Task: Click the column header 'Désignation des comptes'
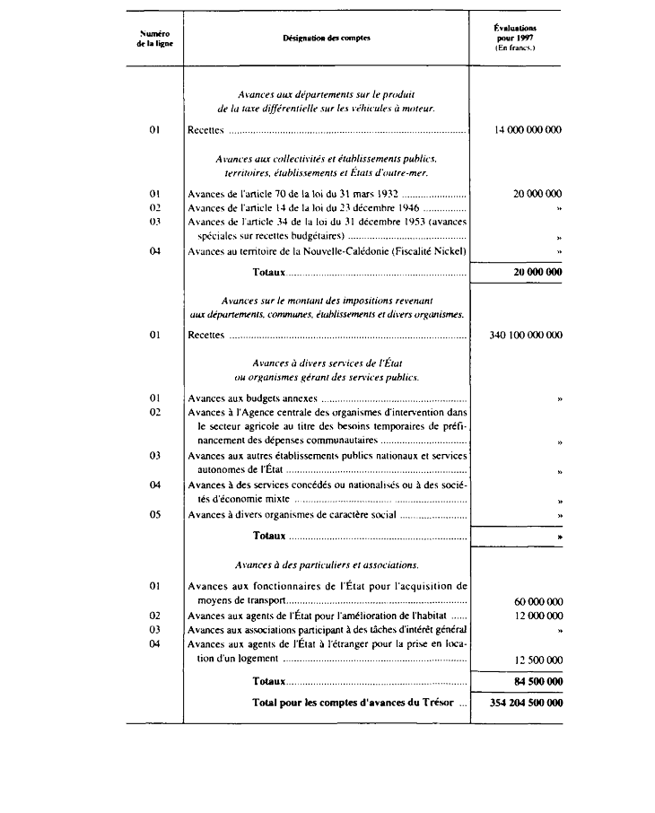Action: click(x=326, y=38)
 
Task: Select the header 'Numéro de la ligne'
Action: click(x=155, y=38)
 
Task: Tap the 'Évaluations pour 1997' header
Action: click(x=515, y=38)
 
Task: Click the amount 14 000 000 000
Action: click(x=528, y=130)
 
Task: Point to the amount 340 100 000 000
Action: click(x=525, y=336)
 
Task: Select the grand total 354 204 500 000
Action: click(x=525, y=703)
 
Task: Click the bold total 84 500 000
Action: click(x=538, y=682)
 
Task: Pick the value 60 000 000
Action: click(x=538, y=600)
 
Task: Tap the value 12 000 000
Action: click(x=538, y=616)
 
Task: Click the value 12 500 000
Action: click(x=538, y=660)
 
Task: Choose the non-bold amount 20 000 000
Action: click(x=538, y=194)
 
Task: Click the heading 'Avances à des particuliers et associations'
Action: click(x=326, y=565)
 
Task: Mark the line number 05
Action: click(x=155, y=515)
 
